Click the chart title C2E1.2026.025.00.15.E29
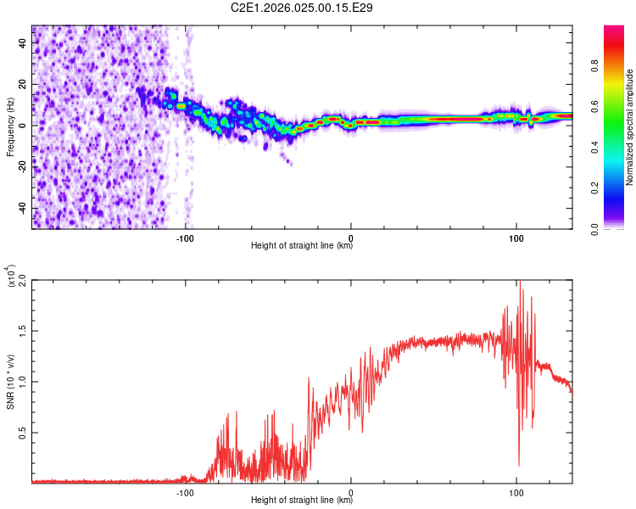tap(302, 8)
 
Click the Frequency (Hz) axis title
tap(10, 127)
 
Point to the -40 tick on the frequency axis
tap(21, 208)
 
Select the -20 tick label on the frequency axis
tap(21, 166)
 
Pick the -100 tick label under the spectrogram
tap(186, 238)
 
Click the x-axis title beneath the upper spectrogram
tap(302, 247)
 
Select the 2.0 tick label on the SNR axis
tap(22, 280)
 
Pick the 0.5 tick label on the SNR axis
tap(22, 432)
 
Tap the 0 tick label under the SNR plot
tap(351, 492)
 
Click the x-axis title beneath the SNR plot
tap(302, 501)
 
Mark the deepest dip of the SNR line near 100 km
tap(519, 465)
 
